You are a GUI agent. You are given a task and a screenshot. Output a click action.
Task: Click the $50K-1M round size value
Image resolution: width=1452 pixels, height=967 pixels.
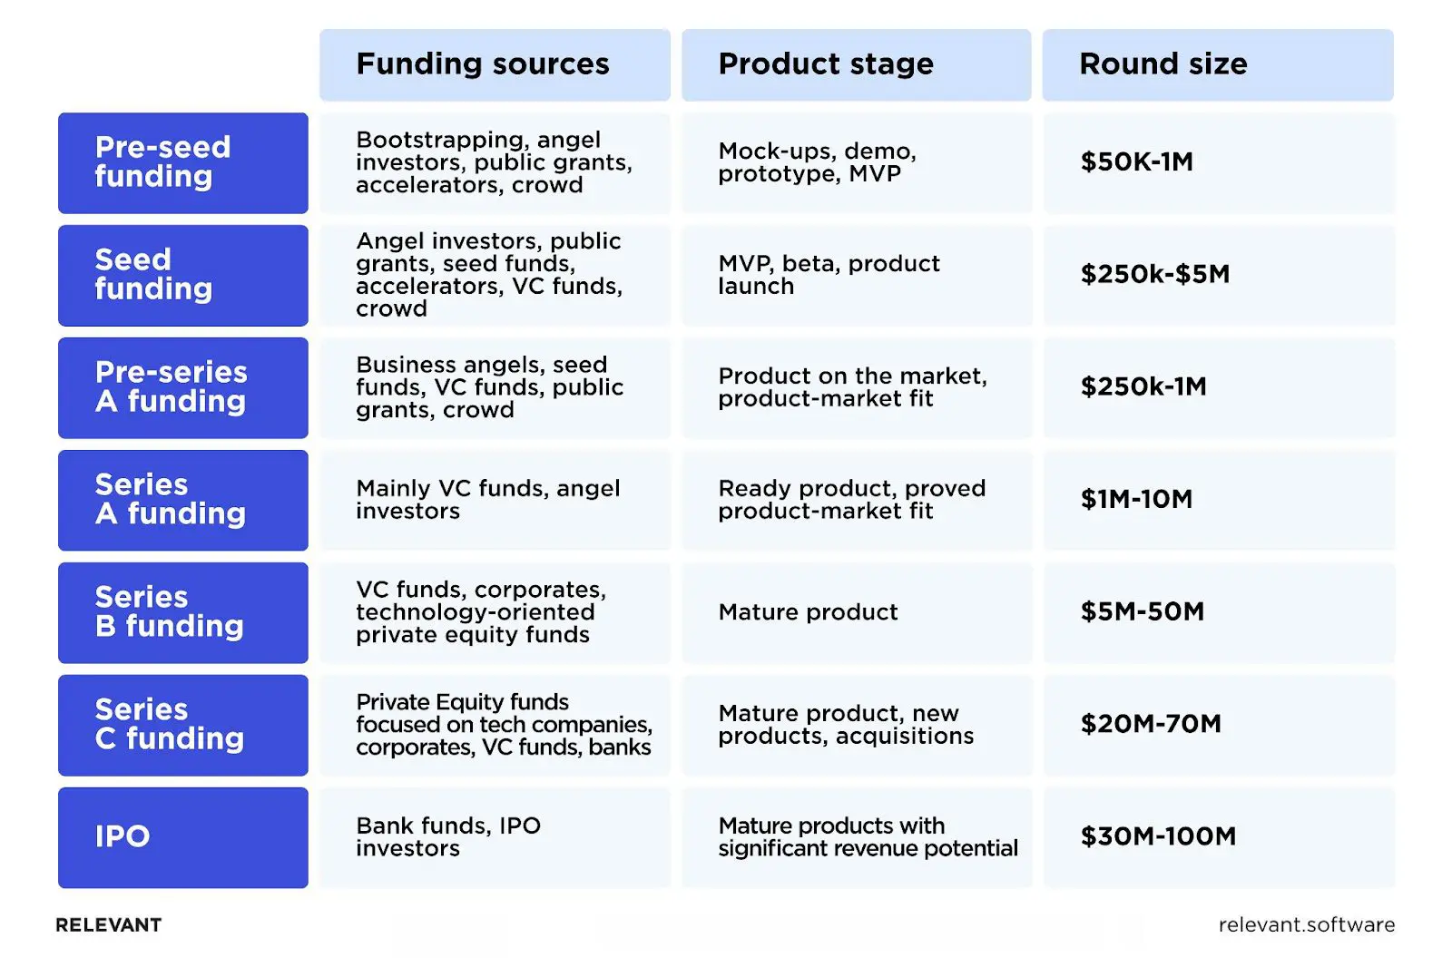1136,162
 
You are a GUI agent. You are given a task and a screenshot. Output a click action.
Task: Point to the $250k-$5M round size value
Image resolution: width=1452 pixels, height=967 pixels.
1154,275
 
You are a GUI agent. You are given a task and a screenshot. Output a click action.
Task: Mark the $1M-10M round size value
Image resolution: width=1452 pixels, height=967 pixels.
1136,500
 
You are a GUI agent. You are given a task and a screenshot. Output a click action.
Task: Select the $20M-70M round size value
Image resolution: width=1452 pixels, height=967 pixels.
1151,725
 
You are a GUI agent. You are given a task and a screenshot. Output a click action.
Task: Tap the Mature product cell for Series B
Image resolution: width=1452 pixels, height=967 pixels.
808,612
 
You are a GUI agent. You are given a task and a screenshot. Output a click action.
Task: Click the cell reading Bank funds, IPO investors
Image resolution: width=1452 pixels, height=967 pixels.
448,837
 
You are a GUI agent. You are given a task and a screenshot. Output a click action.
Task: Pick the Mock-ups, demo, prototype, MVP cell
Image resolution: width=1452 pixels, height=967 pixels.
817,162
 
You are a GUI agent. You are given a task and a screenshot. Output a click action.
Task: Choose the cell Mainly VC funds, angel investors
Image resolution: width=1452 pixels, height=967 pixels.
487,500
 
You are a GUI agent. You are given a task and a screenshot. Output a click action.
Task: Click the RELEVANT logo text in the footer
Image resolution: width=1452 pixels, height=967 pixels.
109,925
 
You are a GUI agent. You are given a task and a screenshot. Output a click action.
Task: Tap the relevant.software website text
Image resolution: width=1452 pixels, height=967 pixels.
1306,925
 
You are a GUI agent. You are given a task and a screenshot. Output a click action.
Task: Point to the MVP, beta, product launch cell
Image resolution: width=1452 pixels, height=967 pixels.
829,275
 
